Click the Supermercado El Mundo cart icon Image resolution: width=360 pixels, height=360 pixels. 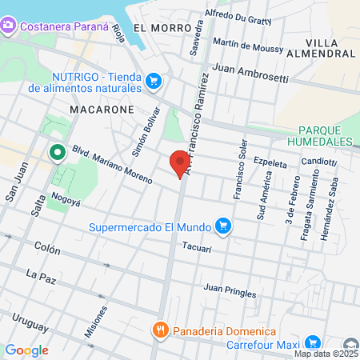[x=225, y=226]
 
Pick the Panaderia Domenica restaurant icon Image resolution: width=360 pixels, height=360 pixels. [x=161, y=331]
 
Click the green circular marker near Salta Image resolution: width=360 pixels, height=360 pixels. [x=57, y=151]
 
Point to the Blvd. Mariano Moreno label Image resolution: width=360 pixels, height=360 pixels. [x=111, y=165]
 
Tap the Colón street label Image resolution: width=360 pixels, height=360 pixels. [x=48, y=249]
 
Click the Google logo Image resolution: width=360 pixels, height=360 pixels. [x=26, y=350]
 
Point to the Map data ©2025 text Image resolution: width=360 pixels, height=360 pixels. [x=326, y=354]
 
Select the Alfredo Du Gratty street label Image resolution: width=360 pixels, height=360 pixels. [x=238, y=18]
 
